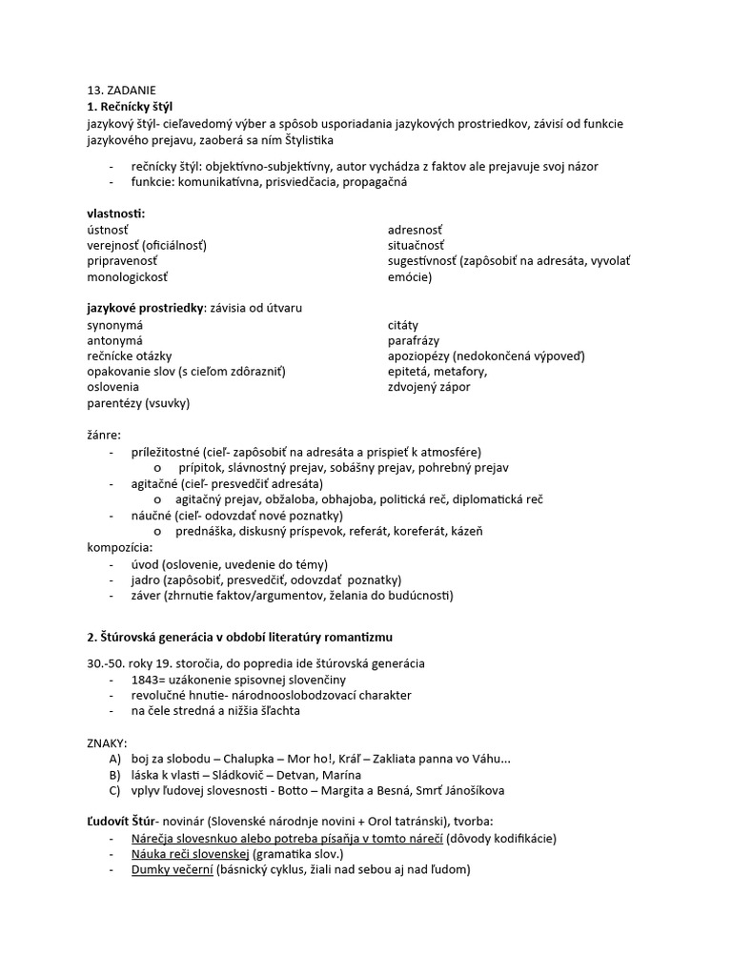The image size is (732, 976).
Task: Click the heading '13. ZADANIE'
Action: pyautogui.click(x=118, y=90)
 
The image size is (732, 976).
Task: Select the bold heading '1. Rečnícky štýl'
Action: pyautogui.click(x=130, y=106)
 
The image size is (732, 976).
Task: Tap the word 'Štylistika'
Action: pyautogui.click(x=298, y=140)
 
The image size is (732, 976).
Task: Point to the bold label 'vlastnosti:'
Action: pyautogui.click(x=116, y=213)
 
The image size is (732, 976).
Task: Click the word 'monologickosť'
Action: pyautogui.click(x=128, y=277)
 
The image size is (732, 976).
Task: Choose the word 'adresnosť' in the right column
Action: pyautogui.click(x=415, y=230)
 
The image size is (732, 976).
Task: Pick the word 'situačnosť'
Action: pyautogui.click(x=416, y=245)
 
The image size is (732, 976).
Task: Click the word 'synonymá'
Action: pyautogui.click(x=114, y=325)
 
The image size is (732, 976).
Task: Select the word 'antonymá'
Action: pyautogui.click(x=114, y=340)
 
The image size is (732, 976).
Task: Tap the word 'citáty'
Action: pyautogui.click(x=403, y=325)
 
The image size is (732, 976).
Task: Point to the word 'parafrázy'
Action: pyautogui.click(x=414, y=340)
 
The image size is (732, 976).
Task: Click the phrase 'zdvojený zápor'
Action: pyautogui.click(x=429, y=387)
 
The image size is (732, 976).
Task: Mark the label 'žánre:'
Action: pyautogui.click(x=104, y=435)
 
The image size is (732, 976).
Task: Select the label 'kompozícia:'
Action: pyautogui.click(x=119, y=547)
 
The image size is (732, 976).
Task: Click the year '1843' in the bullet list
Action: pyautogui.click(x=148, y=680)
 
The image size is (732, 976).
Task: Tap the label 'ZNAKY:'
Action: pyautogui.click(x=107, y=742)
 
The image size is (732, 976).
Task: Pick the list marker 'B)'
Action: pyautogui.click(x=115, y=774)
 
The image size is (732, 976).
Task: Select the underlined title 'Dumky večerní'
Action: pyautogui.click(x=173, y=869)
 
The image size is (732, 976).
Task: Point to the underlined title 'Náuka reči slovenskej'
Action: pyautogui.click(x=191, y=853)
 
